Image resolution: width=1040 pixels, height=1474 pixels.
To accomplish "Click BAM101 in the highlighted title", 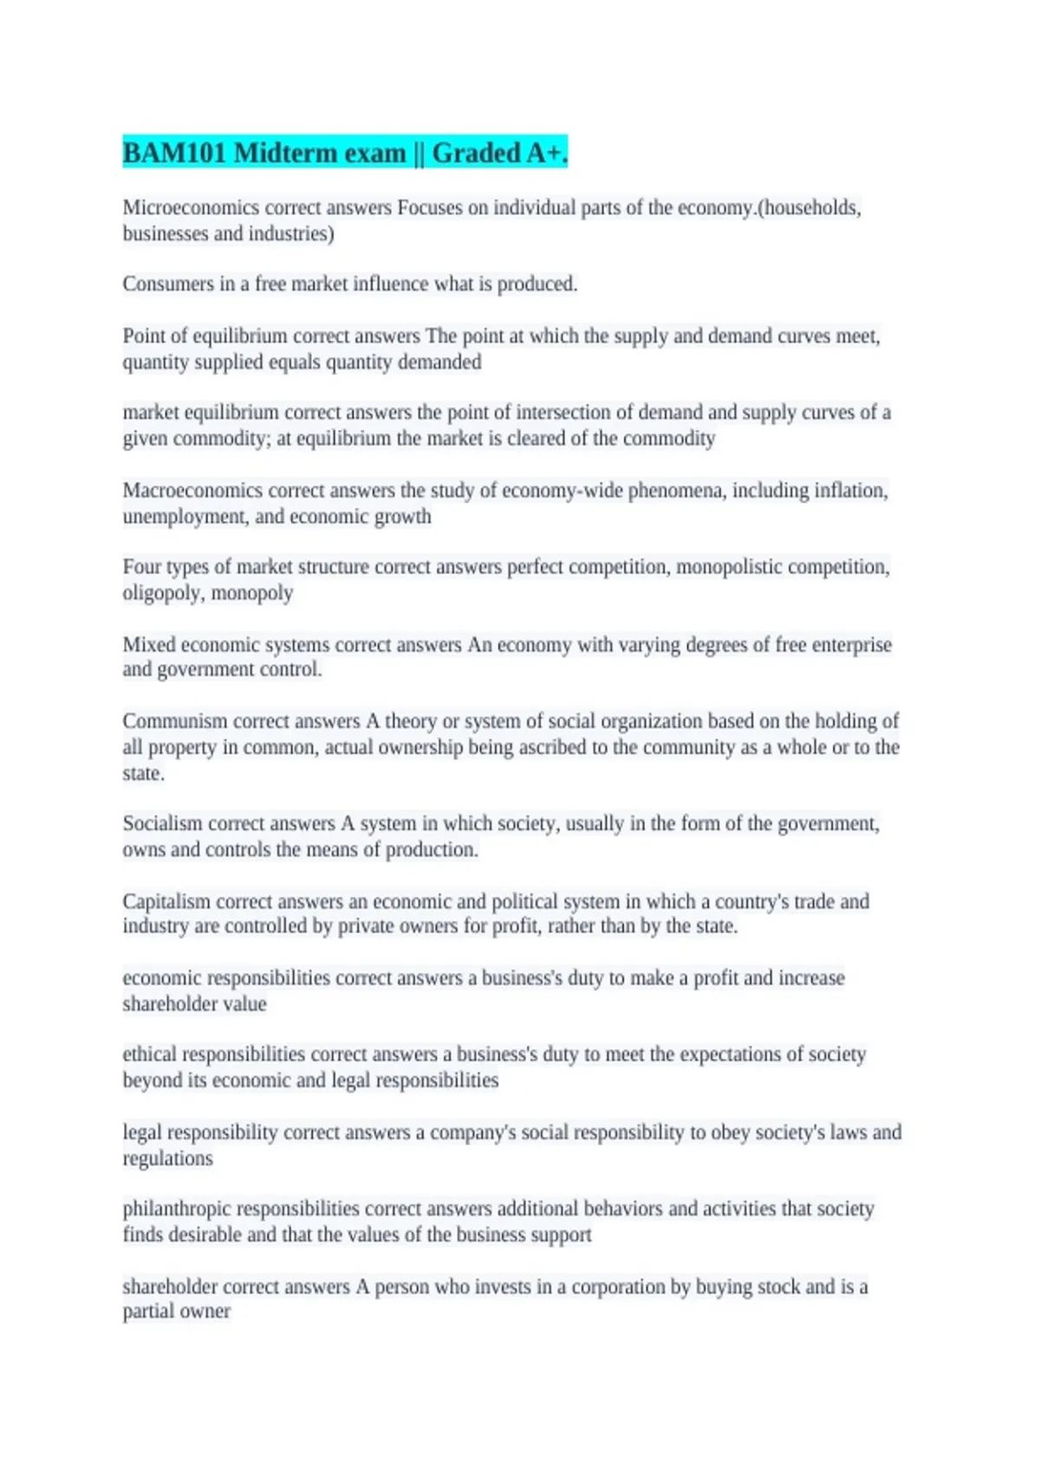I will click(174, 153).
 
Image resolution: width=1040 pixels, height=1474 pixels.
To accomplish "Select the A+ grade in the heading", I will click(547, 153).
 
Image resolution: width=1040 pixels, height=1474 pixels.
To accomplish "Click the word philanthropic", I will click(178, 1209).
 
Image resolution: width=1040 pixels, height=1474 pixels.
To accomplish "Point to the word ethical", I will click(149, 1054).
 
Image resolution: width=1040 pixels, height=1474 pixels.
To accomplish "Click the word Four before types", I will click(140, 567).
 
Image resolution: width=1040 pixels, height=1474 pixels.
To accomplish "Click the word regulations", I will click(167, 1158).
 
